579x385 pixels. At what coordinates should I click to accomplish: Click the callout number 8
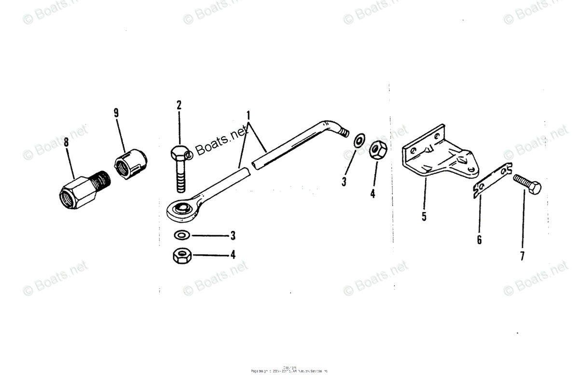66,143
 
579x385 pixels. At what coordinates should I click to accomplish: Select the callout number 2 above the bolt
179,105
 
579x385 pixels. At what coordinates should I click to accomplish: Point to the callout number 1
248,116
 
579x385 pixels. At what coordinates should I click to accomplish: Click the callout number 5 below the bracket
424,216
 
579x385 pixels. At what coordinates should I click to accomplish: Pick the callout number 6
479,239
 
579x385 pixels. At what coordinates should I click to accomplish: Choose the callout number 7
522,256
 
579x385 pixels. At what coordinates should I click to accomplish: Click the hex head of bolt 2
178,152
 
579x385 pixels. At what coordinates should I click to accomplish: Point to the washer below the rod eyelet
181,235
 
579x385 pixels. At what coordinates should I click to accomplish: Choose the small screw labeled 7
527,184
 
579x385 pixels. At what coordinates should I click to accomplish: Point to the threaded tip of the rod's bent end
344,132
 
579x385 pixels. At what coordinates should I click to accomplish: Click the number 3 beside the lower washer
233,236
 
